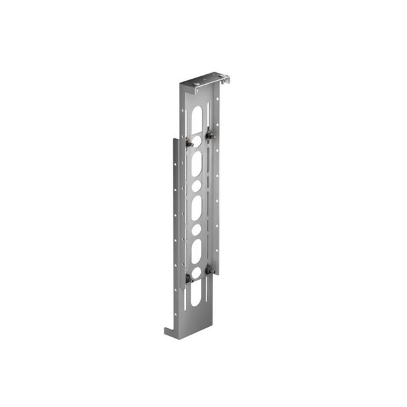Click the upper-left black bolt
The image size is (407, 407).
pyautogui.click(x=189, y=143)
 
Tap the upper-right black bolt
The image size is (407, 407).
pyautogui.click(x=209, y=136)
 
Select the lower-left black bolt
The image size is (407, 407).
pyautogui.click(x=189, y=278)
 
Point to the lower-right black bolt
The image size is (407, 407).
pyautogui.click(x=209, y=270)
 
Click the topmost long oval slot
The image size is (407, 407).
pyautogui.click(x=196, y=117)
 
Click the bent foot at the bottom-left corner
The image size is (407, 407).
pyautogui.click(x=169, y=331)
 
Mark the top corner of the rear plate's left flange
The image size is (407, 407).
pyautogui.click(x=173, y=137)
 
